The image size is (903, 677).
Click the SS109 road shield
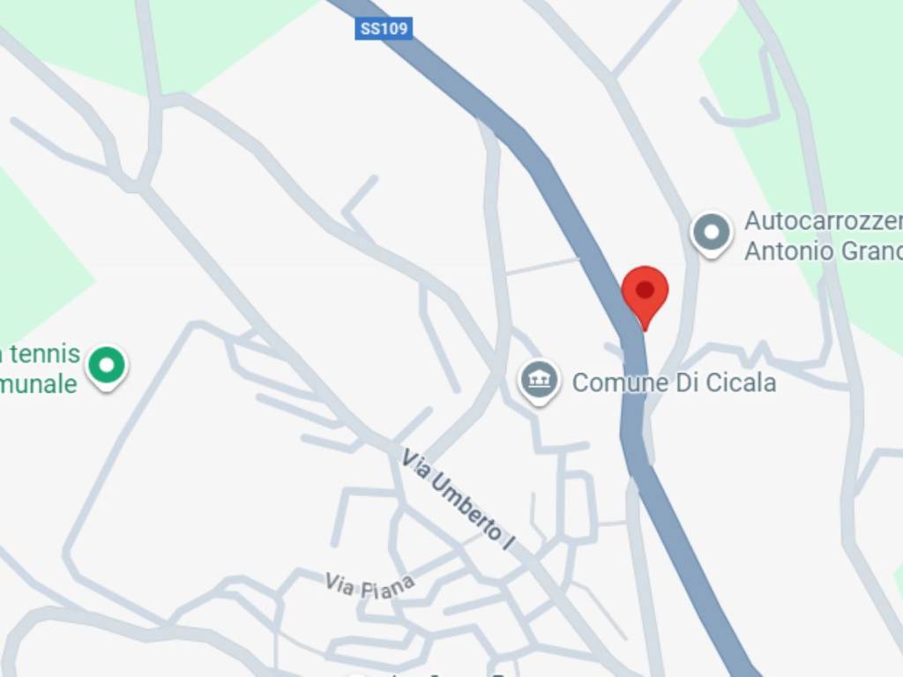pyautogui.click(x=384, y=29)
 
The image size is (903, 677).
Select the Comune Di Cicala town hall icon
pyautogui.click(x=539, y=381)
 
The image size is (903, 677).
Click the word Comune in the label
pyautogui.click(x=615, y=383)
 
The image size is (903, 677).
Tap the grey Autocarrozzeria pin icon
pyautogui.click(x=711, y=234)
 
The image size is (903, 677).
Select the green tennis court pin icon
pyautogui.click(x=107, y=364)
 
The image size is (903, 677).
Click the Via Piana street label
pyautogui.click(x=369, y=586)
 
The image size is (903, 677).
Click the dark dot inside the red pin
pyautogui.click(x=645, y=289)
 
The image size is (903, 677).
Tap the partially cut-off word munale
pyautogui.click(x=40, y=384)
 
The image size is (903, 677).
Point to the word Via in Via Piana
pyautogui.click(x=339, y=582)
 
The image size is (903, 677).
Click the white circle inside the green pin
pyautogui.click(x=107, y=361)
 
